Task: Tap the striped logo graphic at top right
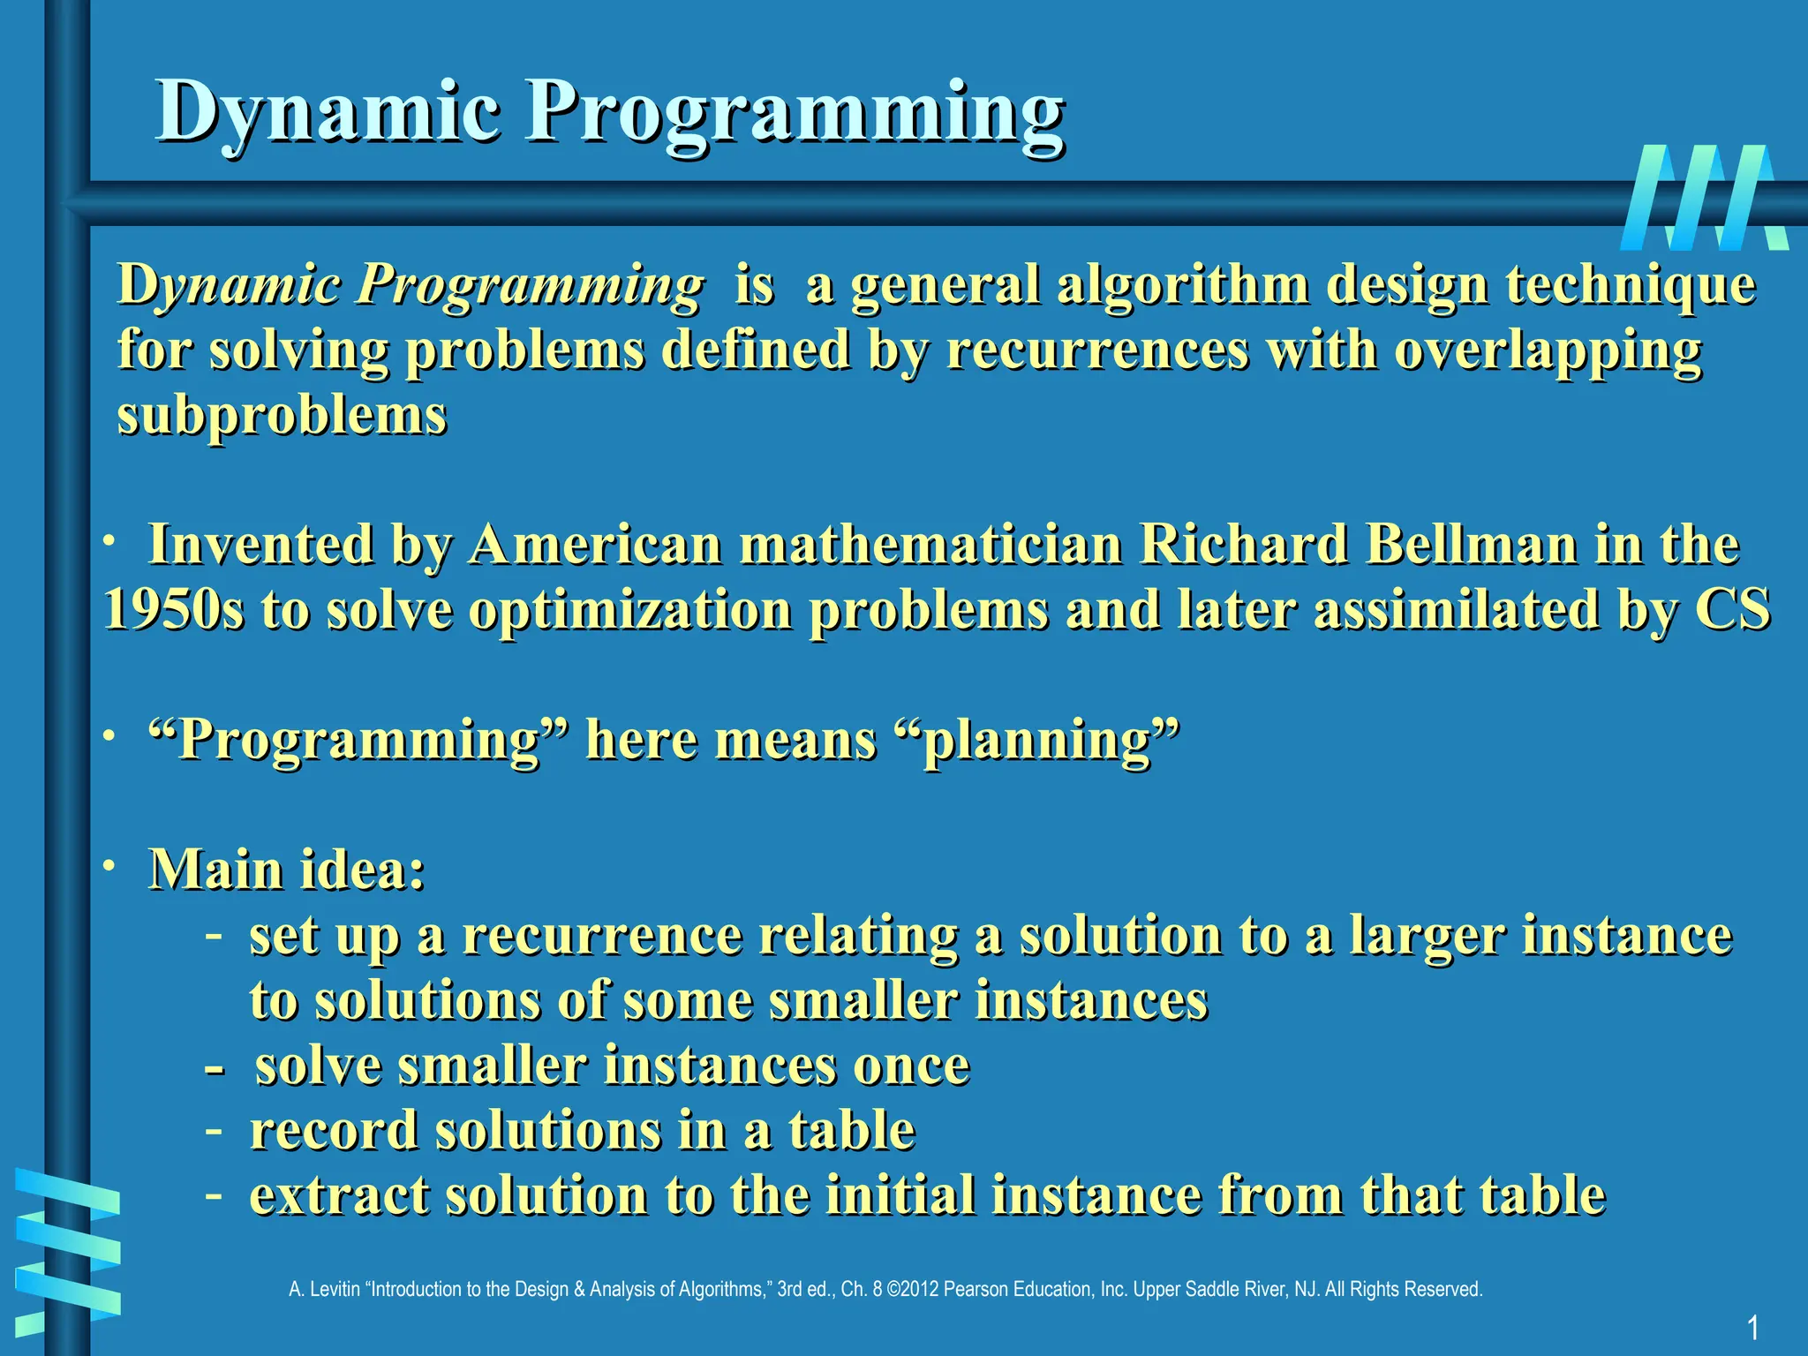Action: coord(1704,198)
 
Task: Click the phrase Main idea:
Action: coord(287,869)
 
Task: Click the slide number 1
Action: coord(1752,1327)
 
